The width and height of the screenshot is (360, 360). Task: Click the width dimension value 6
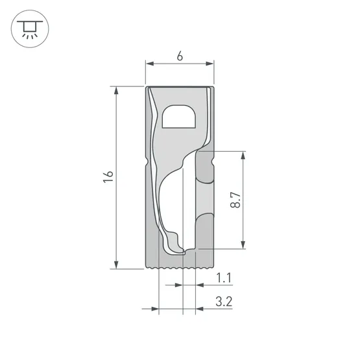(x=179, y=56)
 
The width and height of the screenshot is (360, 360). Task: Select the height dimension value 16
(x=108, y=177)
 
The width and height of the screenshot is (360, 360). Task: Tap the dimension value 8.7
(x=236, y=200)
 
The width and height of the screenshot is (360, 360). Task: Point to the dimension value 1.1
(x=224, y=279)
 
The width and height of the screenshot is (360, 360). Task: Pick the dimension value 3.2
(x=224, y=302)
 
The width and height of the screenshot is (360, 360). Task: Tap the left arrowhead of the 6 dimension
(x=149, y=64)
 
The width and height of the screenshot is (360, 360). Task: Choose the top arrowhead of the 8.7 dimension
(x=243, y=156)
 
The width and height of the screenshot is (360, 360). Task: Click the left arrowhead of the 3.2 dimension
(x=154, y=309)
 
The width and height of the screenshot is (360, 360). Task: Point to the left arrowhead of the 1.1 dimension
(x=180, y=285)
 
